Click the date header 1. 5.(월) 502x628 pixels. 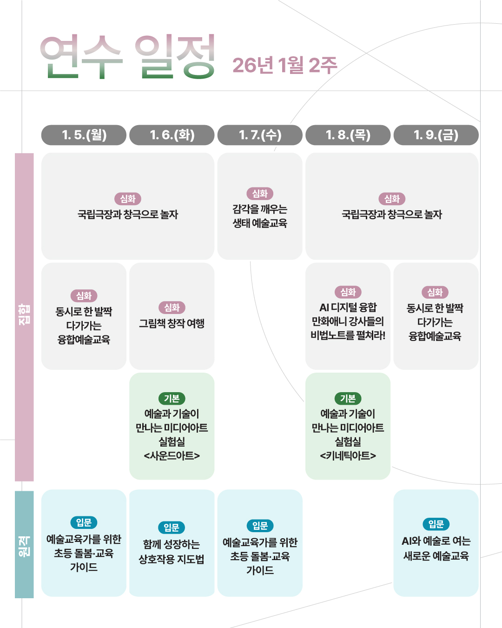click(x=84, y=135)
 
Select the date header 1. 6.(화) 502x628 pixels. click(x=172, y=135)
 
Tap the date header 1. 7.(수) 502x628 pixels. click(x=260, y=135)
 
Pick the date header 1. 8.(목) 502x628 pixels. click(x=348, y=135)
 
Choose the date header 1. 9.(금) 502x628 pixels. click(x=436, y=135)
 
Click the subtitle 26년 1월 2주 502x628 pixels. click(x=284, y=65)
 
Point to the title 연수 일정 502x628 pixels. click(x=128, y=57)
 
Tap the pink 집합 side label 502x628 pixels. click(x=24, y=316)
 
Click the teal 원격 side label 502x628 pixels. click(x=24, y=544)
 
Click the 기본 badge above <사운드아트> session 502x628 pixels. click(x=172, y=399)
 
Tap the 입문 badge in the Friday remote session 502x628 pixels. click(x=436, y=524)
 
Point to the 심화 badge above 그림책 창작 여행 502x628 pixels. click(x=172, y=307)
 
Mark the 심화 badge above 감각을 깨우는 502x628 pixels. click(x=260, y=194)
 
